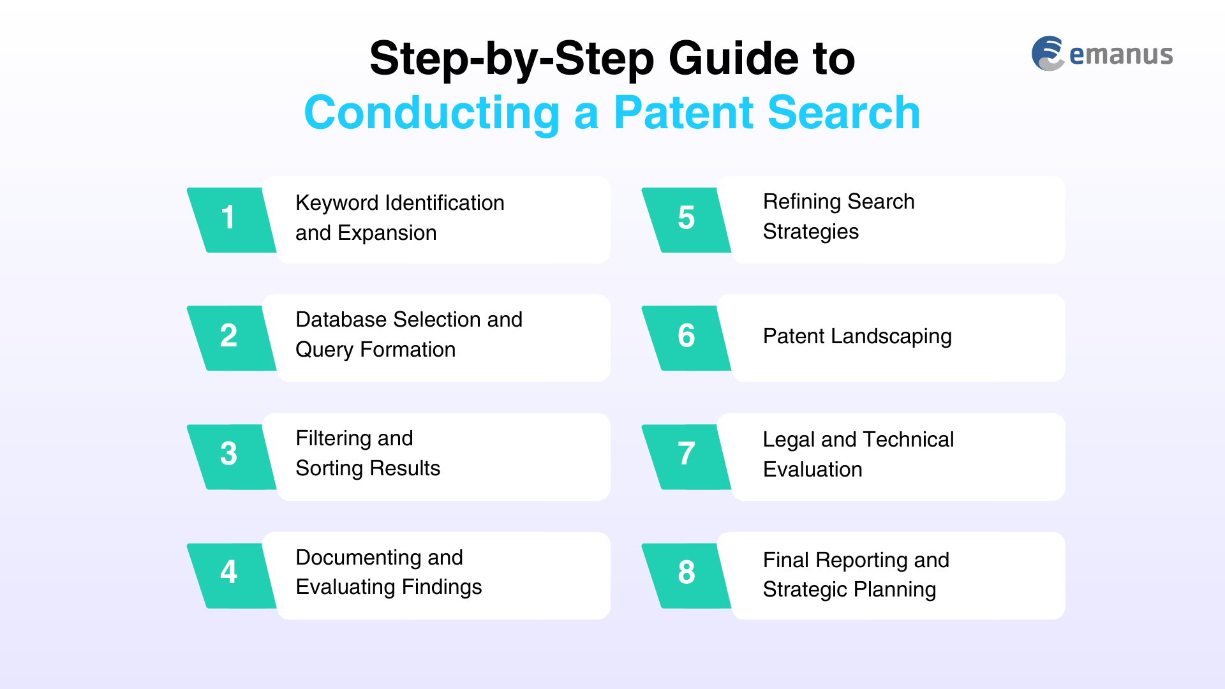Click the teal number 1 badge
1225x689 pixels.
(x=231, y=220)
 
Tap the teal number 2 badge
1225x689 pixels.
(x=231, y=338)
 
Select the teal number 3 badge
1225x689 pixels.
(x=231, y=457)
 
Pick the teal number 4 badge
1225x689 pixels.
(x=231, y=575)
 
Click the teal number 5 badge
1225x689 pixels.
(x=686, y=220)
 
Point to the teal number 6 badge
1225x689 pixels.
(x=686, y=338)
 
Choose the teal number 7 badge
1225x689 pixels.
(x=686, y=457)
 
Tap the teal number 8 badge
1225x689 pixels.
(x=686, y=575)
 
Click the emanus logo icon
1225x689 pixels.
(x=1048, y=54)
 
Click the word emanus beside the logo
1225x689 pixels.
(x=1121, y=55)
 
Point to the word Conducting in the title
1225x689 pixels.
(x=432, y=113)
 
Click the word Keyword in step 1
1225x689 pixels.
(x=337, y=204)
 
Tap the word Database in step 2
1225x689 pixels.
(x=341, y=320)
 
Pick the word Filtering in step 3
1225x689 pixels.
(x=334, y=439)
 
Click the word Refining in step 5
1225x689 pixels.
(x=802, y=202)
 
